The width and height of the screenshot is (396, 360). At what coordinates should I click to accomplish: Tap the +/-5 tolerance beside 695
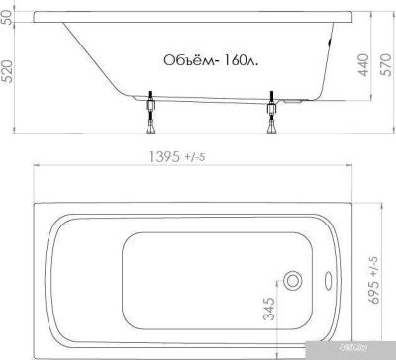[x=373, y=260]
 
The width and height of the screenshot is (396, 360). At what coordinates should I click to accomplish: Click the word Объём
[x=185, y=60]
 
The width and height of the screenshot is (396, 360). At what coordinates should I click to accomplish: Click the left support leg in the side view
[x=151, y=113]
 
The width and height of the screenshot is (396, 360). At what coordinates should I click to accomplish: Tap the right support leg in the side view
[x=270, y=113]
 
